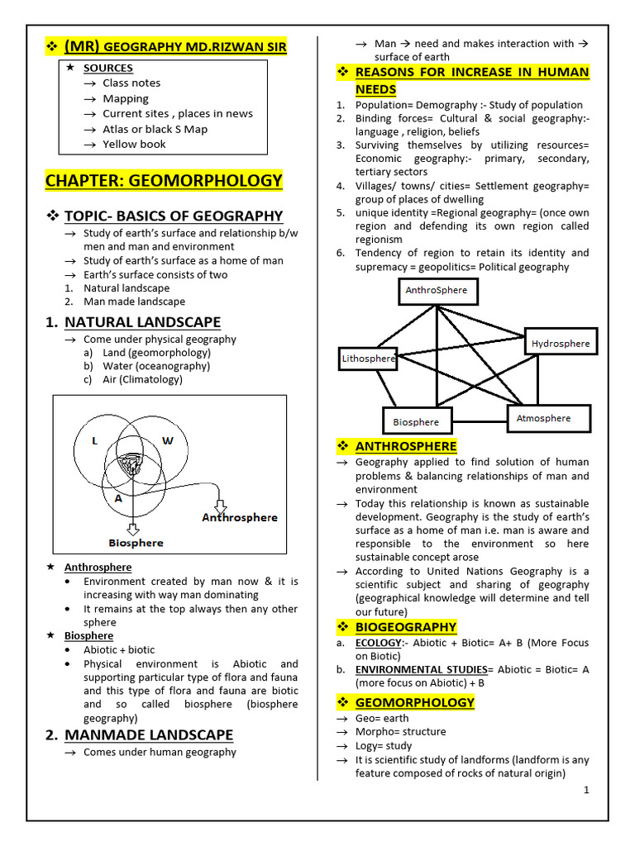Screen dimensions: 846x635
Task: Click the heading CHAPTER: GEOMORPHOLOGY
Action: (164, 181)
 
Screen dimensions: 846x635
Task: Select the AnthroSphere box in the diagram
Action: (436, 291)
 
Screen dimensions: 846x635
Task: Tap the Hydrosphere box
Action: (560, 343)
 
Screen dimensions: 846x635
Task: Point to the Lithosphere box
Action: (369, 359)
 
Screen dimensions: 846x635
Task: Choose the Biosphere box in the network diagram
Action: (416, 421)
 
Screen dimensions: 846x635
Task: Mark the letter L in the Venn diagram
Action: (95, 441)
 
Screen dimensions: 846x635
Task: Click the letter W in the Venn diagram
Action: (167, 441)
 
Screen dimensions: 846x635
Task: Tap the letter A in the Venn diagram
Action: (119, 498)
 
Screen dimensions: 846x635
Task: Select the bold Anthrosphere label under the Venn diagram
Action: (240, 517)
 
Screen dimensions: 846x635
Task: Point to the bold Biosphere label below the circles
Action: (136, 543)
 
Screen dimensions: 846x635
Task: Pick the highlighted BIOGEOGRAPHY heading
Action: (405, 627)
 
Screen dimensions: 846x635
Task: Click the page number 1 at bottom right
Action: (586, 790)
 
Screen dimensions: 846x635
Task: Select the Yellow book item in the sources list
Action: (134, 144)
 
